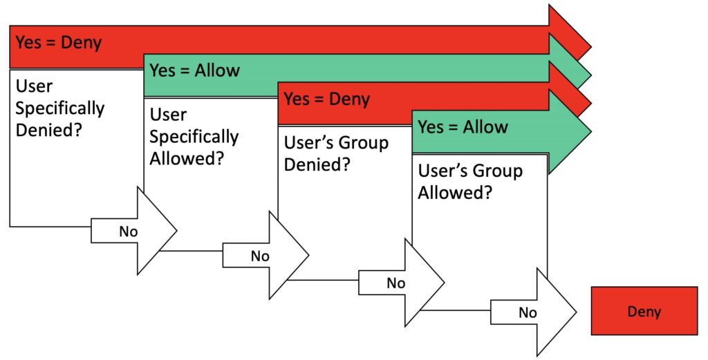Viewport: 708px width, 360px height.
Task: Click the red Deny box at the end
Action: tap(644, 311)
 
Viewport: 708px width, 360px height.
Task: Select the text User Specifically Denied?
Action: tap(59, 108)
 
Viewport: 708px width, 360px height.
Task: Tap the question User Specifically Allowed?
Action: tap(194, 136)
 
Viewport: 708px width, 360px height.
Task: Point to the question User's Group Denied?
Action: tap(336, 154)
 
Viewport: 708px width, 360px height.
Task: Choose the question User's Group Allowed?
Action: tap(470, 182)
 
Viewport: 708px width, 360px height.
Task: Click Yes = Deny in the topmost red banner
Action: tap(59, 43)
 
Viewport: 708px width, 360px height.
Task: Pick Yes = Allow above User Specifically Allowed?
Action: tap(194, 70)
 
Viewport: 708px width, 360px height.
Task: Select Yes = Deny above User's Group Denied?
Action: tap(326, 99)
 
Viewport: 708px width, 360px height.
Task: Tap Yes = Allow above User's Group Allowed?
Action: tap(463, 127)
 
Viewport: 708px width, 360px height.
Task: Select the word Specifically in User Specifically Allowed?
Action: tap(194, 136)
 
